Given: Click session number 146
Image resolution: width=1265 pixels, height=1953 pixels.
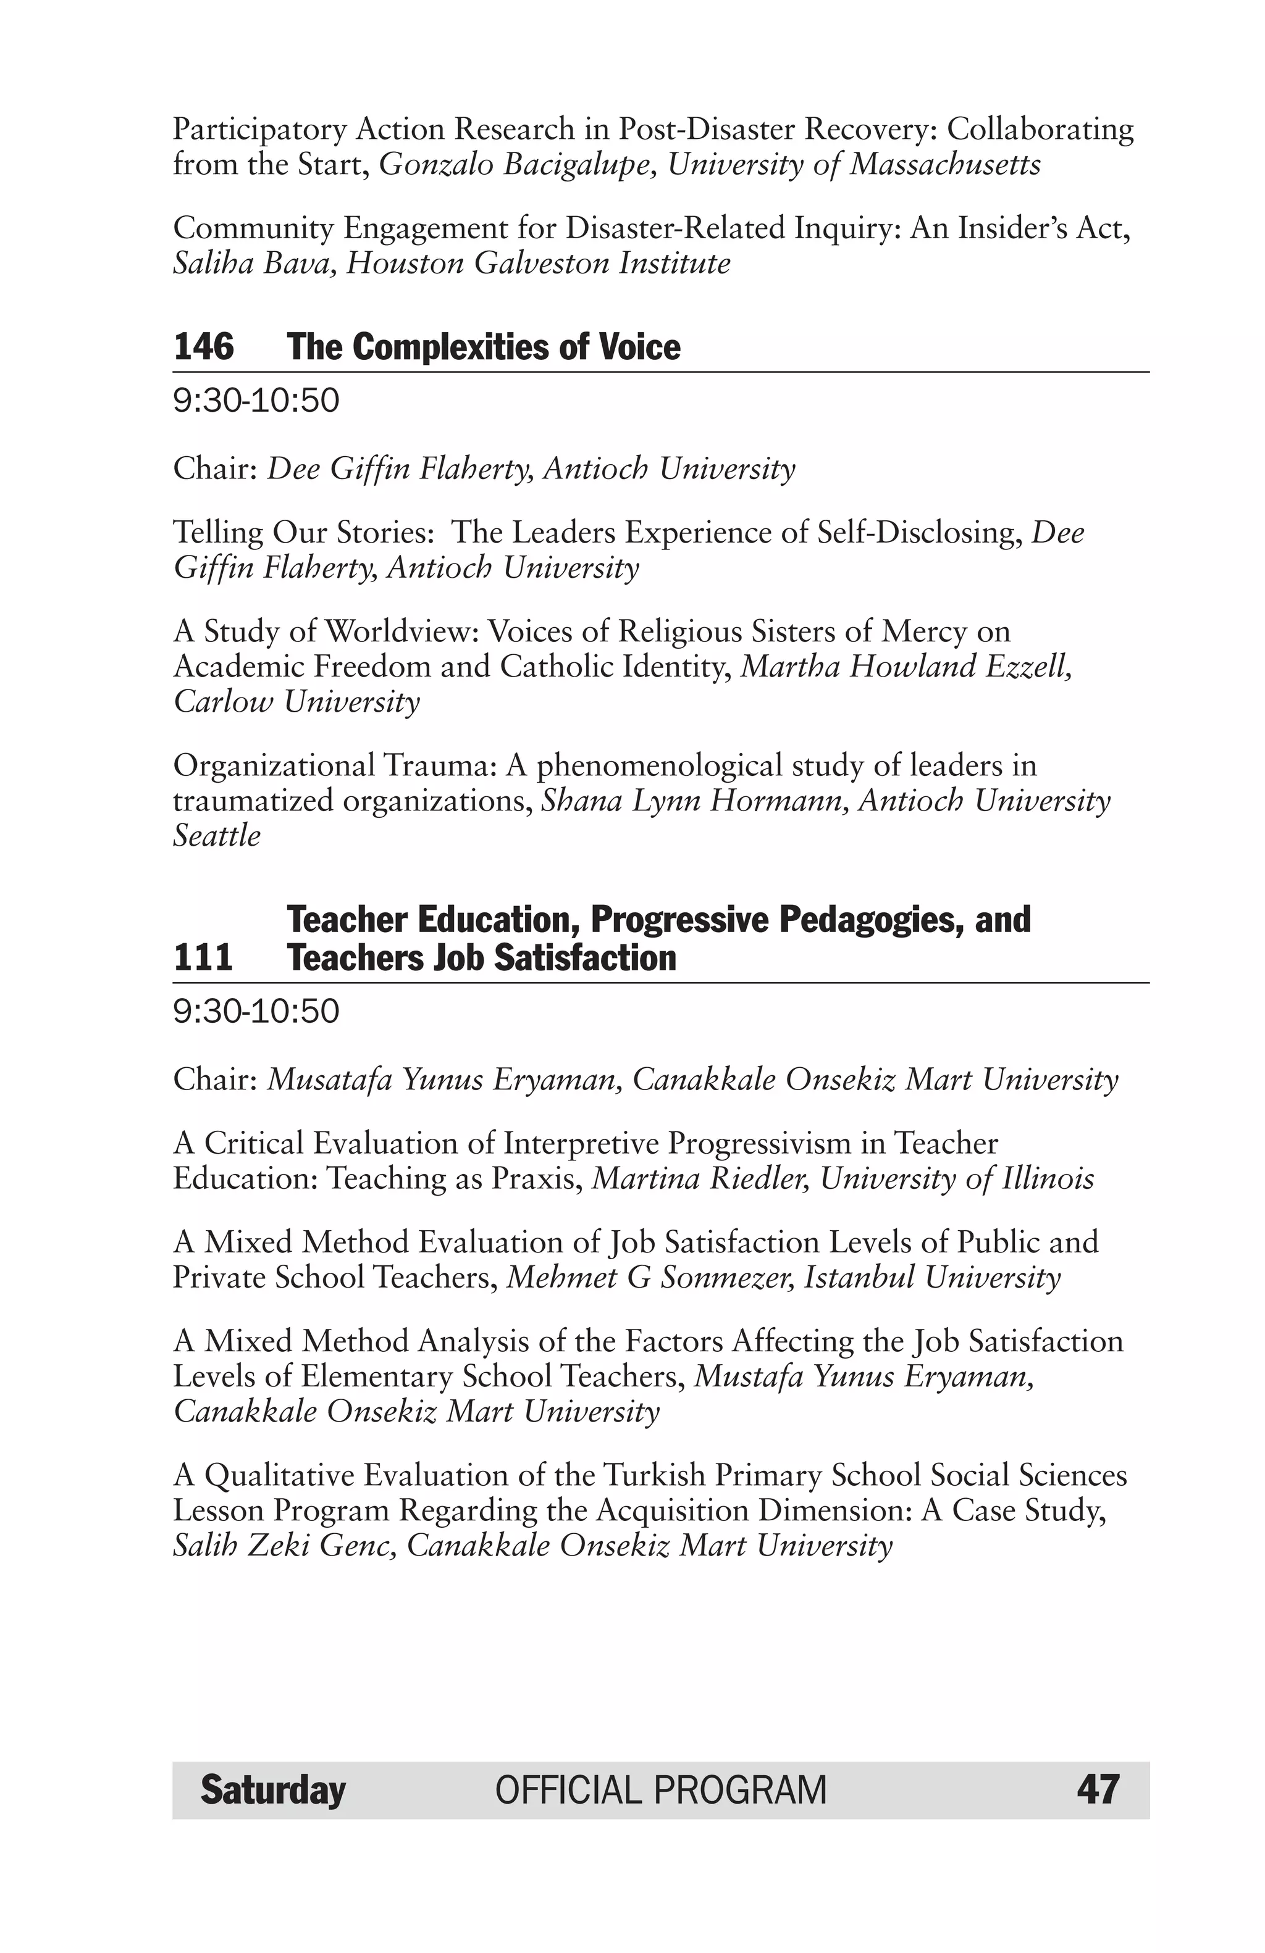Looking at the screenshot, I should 204,346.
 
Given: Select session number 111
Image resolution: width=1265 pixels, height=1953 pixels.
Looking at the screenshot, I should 203,957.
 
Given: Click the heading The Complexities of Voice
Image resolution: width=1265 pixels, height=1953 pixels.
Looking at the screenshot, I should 484,346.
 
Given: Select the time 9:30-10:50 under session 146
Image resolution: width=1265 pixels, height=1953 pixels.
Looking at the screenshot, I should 256,401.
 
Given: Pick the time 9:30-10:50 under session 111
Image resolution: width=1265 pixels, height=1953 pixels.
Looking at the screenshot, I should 256,1012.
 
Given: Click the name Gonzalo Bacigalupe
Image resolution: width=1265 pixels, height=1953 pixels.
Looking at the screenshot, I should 516,165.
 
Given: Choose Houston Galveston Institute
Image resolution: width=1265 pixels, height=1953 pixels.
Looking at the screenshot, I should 537,264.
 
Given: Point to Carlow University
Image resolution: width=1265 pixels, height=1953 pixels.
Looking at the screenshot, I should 296,702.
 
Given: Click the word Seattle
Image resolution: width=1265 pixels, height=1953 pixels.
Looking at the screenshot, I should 217,835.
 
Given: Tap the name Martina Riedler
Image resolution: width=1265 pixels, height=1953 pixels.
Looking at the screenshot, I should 700,1178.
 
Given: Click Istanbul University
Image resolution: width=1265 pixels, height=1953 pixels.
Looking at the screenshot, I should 931,1278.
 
